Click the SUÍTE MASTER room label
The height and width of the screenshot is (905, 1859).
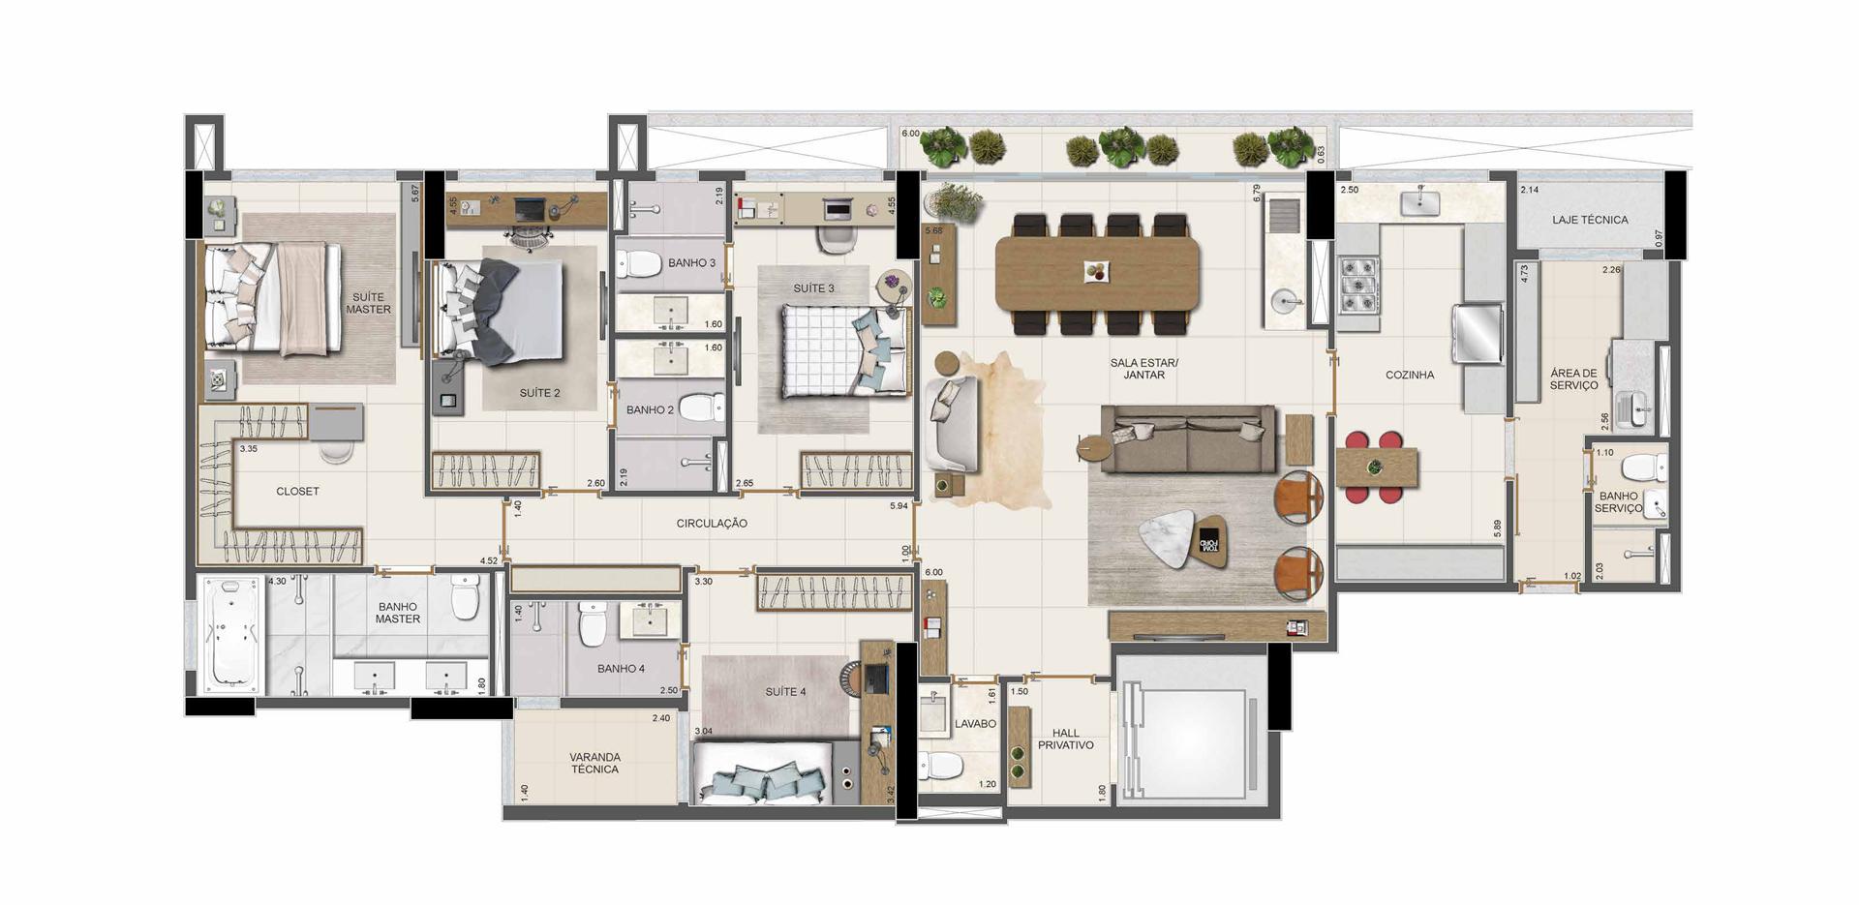pyautogui.click(x=368, y=303)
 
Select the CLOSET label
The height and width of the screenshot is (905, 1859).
pyautogui.click(x=297, y=492)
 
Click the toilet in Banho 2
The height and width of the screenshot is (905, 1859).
pyautogui.click(x=701, y=407)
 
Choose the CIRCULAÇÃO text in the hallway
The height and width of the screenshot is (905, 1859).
pyautogui.click(x=712, y=524)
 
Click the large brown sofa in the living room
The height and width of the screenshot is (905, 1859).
pyautogui.click(x=1188, y=439)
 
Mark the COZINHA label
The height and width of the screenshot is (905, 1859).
pyautogui.click(x=1410, y=376)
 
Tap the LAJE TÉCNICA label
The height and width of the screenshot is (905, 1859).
pyautogui.click(x=1590, y=220)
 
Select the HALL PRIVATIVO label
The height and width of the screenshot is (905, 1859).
pyautogui.click(x=1066, y=739)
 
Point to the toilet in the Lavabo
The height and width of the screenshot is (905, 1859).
pyautogui.click(x=940, y=766)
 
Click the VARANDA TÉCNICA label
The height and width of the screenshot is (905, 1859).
pyautogui.click(x=594, y=764)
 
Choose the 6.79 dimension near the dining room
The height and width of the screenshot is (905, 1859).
pyautogui.click(x=1257, y=192)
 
